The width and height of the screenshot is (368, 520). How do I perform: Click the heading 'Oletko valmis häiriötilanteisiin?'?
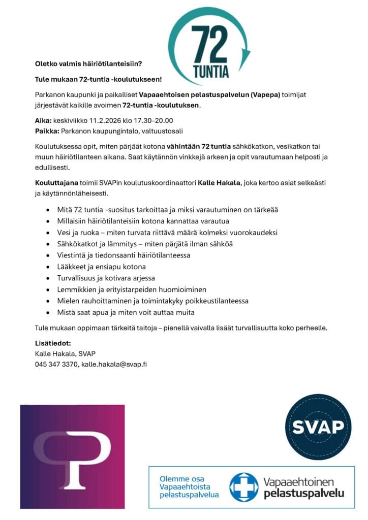[88, 64]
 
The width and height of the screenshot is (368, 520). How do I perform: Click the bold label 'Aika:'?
[44, 120]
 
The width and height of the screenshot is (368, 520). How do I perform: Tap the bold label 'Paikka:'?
[47, 132]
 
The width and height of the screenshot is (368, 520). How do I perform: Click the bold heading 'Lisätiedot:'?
[52, 343]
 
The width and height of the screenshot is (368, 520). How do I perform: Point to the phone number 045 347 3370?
[56, 364]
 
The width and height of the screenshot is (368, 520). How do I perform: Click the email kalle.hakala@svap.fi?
[114, 364]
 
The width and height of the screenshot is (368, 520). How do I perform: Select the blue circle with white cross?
[243, 487]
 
